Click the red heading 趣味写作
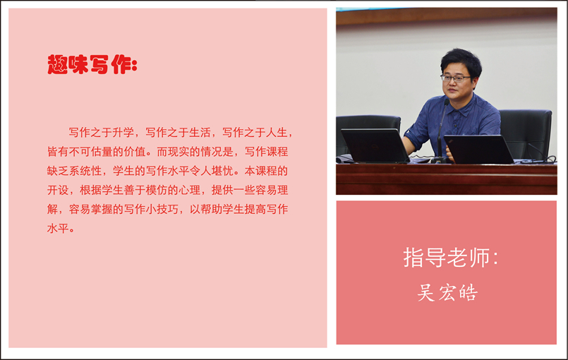pyautogui.click(x=90, y=64)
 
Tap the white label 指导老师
pyautogui.click(x=447, y=258)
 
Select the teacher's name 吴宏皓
pyautogui.click(x=447, y=292)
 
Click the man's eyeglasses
pyautogui.click(x=455, y=78)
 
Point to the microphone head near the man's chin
pyautogui.click(x=446, y=102)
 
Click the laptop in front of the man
pyautogui.click(x=478, y=149)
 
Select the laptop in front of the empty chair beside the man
pyautogui.click(x=375, y=145)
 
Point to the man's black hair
pyautogui.click(x=461, y=61)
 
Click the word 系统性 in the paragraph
pyautogui.click(x=85, y=171)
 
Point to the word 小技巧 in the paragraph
pyautogui.click(x=162, y=209)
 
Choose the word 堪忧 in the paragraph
pyautogui.click(x=222, y=171)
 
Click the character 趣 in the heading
pyautogui.click(x=58, y=64)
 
